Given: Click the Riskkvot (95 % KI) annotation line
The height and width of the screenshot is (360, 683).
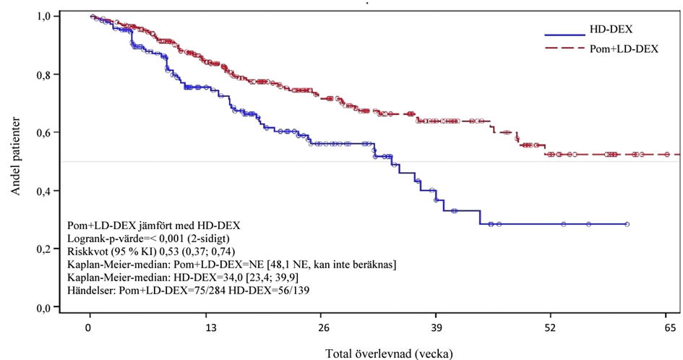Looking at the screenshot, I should [150, 252].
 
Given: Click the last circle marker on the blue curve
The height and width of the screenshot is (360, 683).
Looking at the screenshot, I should [627, 225].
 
